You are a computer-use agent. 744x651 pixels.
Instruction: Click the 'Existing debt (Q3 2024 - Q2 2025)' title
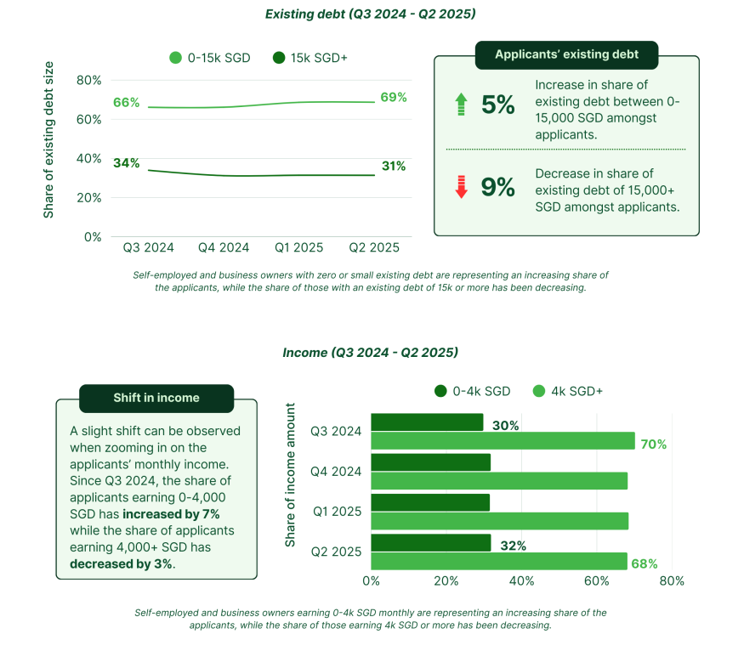pos(370,14)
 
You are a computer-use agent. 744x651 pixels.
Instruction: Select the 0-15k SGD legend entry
pos(210,58)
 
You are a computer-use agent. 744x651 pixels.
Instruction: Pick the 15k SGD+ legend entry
pos(310,58)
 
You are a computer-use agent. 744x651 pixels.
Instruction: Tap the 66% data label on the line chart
pos(126,102)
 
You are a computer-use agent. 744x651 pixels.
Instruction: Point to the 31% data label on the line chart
pos(393,166)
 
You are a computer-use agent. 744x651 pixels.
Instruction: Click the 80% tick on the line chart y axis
pos(89,80)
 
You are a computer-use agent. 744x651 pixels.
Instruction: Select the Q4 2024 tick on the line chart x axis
pos(224,247)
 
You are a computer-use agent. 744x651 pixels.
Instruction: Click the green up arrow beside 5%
pos(461,105)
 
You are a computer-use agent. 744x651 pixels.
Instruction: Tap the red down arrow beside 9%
pos(461,187)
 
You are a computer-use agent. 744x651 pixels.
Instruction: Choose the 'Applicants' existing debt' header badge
pos(566,55)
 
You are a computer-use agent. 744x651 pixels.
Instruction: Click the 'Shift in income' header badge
pos(156,398)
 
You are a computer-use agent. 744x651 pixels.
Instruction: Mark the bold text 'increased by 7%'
pos(171,514)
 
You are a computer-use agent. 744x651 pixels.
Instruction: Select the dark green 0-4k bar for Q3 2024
pos(427,422)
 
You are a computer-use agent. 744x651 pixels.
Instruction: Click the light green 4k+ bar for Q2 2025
pos(499,561)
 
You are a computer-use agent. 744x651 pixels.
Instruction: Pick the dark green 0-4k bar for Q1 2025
pos(430,502)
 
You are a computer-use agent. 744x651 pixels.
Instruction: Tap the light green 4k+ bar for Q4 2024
pos(499,481)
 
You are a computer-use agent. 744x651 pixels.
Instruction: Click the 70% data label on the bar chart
pos(653,444)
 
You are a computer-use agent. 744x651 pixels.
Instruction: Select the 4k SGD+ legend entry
pos(568,391)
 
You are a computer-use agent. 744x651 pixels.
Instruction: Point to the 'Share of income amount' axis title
pos(291,476)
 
